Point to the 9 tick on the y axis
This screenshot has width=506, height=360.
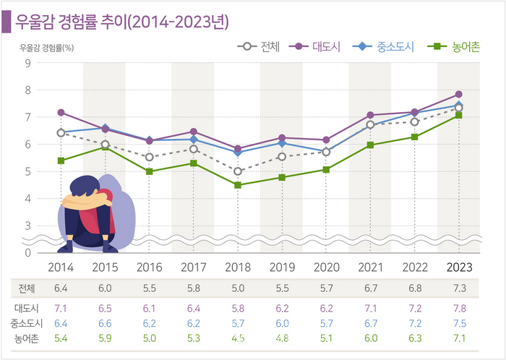tap(27, 63)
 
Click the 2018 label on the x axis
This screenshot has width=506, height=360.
tap(238, 267)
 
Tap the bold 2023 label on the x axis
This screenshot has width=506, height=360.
tap(459, 267)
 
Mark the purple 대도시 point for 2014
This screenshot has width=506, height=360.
tap(61, 113)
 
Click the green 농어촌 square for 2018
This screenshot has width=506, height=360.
tap(238, 185)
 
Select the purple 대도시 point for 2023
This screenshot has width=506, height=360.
tap(459, 95)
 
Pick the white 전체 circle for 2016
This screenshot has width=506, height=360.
tap(150, 157)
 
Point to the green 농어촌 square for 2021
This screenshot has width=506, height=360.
tap(370, 145)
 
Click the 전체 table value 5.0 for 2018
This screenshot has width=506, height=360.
tap(238, 288)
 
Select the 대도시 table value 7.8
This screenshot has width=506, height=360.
tap(459, 309)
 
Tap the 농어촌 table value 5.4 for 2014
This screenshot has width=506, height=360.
tap(61, 337)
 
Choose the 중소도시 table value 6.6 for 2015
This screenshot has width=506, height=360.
tap(106, 322)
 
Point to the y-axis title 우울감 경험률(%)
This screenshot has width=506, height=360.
tap(46, 48)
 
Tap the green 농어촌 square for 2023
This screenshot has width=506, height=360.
tap(459, 115)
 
